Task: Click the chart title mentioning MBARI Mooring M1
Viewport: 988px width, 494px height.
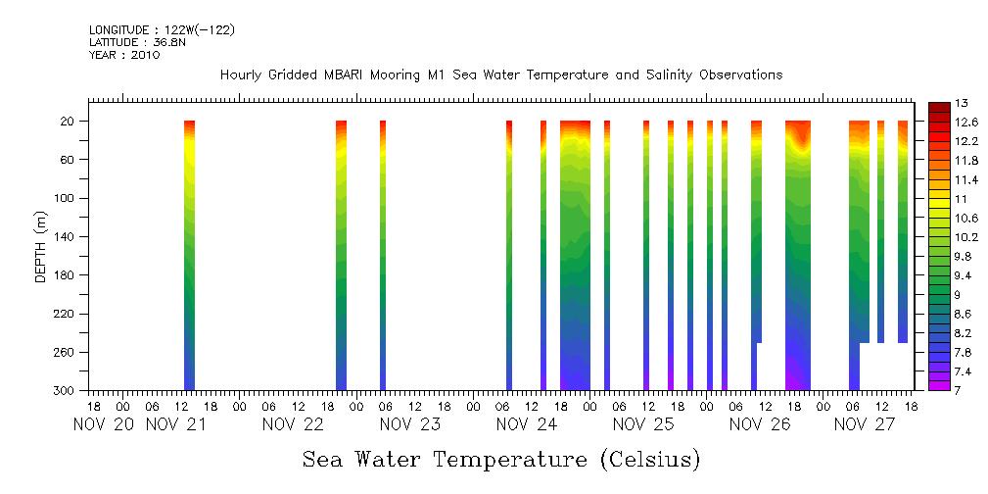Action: coord(501,74)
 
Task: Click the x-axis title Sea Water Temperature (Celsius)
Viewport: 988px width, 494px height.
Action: coord(501,459)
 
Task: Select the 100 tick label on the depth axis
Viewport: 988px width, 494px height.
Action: coord(67,198)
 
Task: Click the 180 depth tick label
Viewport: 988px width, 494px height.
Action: coord(67,275)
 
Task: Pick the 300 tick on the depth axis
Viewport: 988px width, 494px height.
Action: coord(67,391)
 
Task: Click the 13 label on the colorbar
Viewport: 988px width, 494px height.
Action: coord(962,104)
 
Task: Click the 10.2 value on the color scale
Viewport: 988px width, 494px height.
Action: coord(966,237)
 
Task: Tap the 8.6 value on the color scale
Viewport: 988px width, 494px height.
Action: coord(965,314)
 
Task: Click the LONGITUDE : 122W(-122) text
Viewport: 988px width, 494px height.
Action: coord(162,30)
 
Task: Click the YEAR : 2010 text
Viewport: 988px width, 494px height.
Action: coord(124,55)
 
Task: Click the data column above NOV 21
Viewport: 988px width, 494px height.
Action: coord(190,255)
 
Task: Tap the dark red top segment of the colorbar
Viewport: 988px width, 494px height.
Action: coord(937,106)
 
